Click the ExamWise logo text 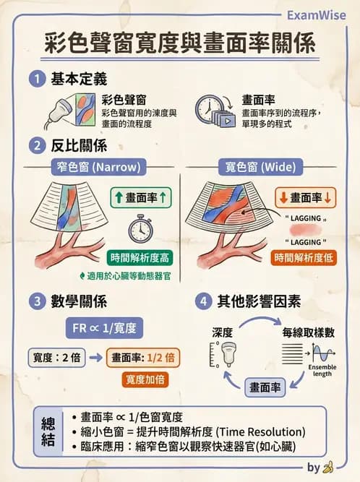(316, 15)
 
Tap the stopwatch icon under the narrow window (140, 229)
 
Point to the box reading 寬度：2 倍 (56, 357)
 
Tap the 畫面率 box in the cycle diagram (266, 387)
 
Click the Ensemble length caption (322, 370)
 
